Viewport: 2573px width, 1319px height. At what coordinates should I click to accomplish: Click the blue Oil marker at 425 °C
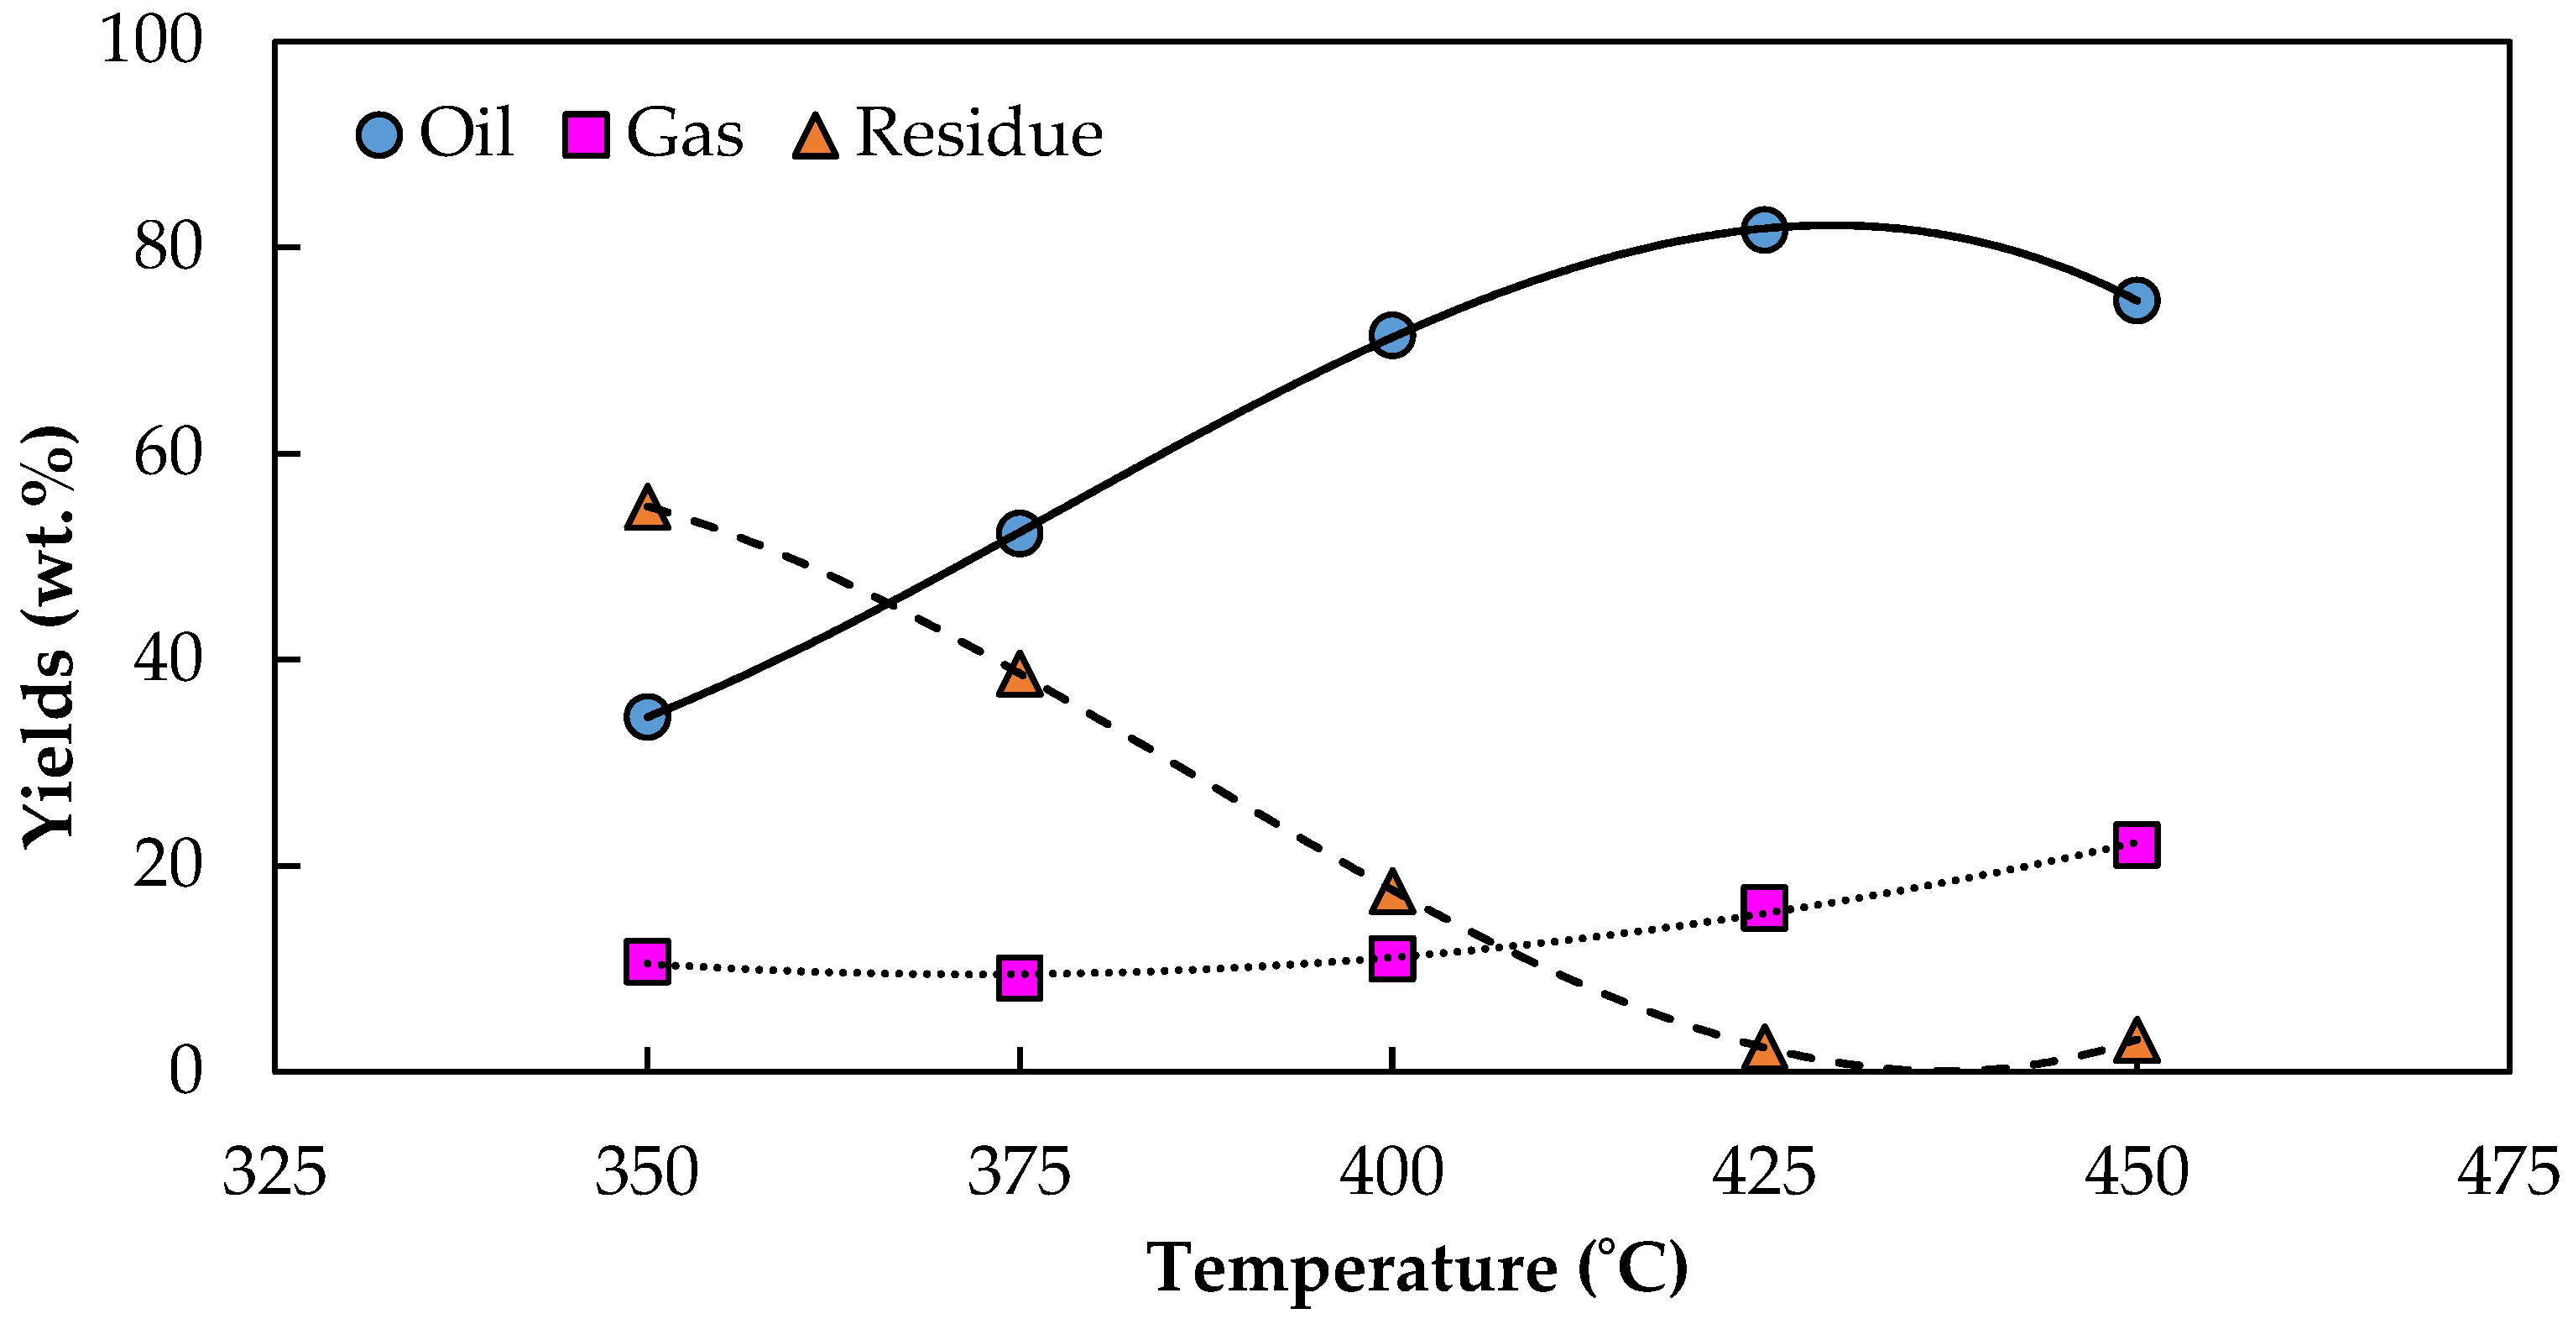coord(1764,230)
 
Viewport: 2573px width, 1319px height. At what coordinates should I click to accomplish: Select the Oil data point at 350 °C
coord(647,716)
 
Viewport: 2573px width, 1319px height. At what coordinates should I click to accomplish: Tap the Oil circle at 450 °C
coord(2137,300)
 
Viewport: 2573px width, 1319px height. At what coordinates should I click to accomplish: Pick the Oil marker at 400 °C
coord(1392,335)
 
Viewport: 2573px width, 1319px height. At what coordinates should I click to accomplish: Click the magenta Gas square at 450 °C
coord(2137,845)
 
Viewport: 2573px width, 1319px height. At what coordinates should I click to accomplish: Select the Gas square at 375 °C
coord(1020,978)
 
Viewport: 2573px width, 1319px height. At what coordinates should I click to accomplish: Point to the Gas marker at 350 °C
coord(647,962)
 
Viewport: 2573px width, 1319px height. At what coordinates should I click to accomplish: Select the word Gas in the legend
coord(684,133)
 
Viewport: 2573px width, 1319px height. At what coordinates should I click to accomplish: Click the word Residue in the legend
coord(979,133)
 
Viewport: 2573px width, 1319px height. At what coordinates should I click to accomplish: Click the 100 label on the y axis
coord(152,41)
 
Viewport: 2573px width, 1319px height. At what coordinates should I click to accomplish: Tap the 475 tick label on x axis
coord(2507,1172)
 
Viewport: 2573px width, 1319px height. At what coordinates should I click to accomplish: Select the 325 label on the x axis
coord(274,1172)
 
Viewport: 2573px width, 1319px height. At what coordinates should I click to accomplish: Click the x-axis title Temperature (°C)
coord(1417,1269)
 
